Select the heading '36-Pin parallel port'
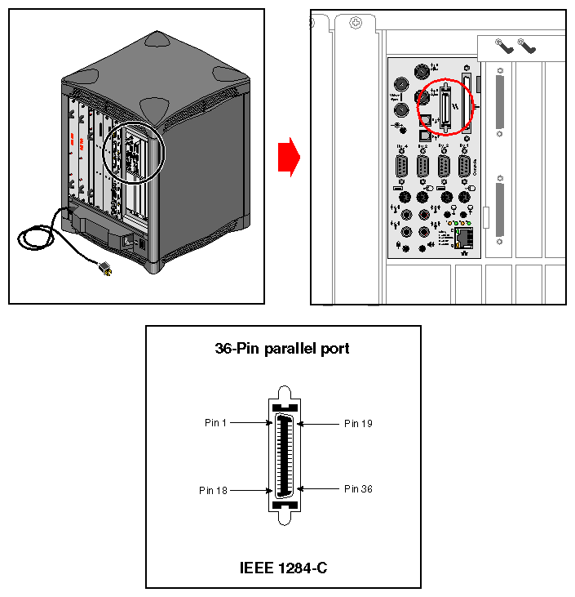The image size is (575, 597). [282, 349]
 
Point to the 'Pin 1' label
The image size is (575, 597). [216, 423]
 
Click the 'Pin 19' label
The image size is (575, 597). [358, 424]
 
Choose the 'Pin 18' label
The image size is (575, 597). [214, 491]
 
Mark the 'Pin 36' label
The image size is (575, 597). [358, 489]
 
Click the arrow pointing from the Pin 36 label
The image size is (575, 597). [319, 488]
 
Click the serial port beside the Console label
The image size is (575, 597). [464, 167]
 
